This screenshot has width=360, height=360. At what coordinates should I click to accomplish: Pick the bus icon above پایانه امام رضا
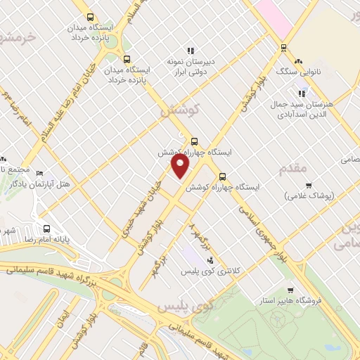(x=47, y=229)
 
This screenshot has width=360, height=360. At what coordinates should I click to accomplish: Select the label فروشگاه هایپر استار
(x=307, y=301)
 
